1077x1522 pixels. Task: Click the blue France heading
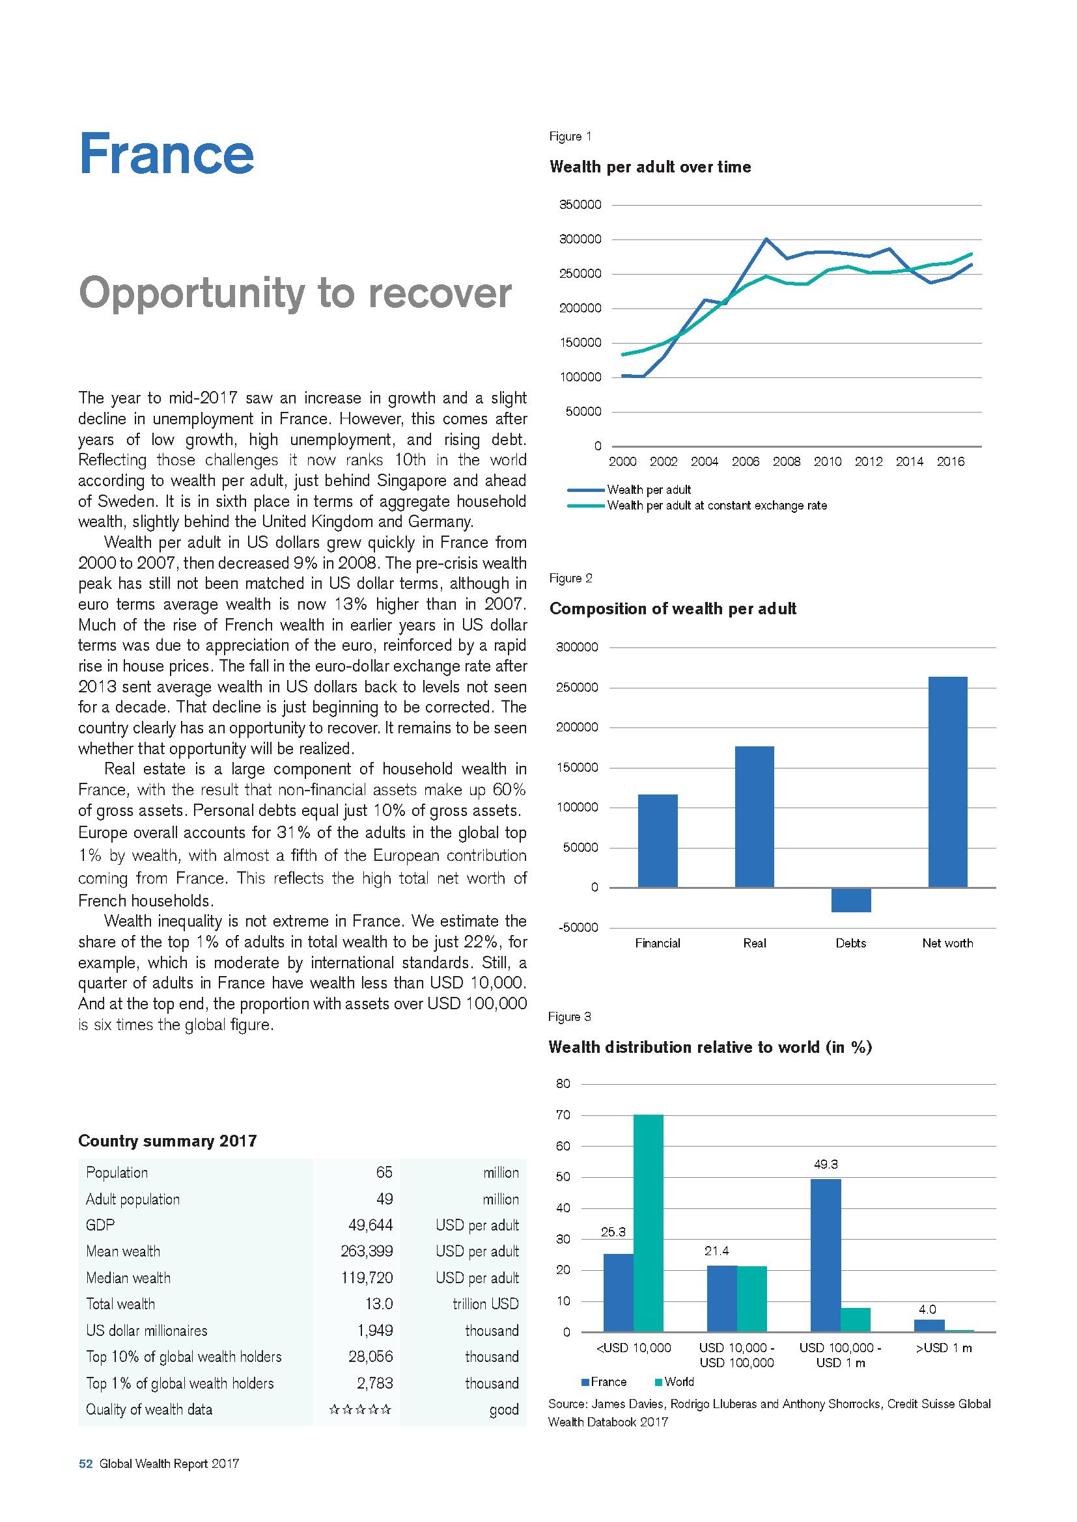point(166,154)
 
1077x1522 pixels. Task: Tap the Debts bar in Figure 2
point(851,899)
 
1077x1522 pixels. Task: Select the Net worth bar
point(947,781)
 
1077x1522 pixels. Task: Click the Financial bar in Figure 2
point(657,841)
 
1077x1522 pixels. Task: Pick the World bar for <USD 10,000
point(648,1223)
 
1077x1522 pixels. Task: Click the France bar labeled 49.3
point(826,1255)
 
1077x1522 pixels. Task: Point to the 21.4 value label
point(716,1251)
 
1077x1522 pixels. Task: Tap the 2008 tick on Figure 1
point(787,462)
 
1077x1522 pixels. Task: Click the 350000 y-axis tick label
point(580,205)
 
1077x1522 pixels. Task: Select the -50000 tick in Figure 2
point(578,927)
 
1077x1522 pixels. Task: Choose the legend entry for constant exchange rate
point(717,506)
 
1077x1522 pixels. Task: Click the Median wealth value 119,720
point(367,1277)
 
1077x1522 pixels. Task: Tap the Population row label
point(117,1173)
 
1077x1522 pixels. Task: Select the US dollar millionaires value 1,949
point(371,1331)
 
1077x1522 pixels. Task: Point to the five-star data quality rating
point(360,1409)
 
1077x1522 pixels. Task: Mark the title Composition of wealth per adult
point(673,608)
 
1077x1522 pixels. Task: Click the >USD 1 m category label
point(943,1348)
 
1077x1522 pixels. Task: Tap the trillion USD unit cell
point(486,1304)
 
